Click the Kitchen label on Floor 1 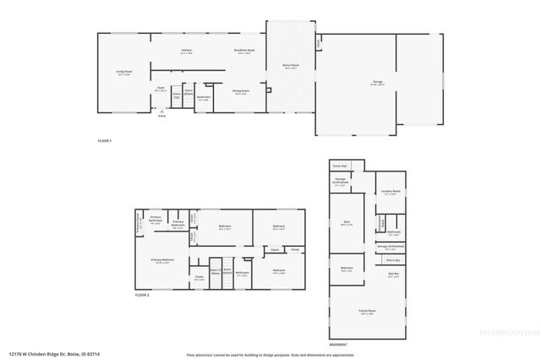click(186, 51)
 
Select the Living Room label click(124, 72)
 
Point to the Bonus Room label click(290, 67)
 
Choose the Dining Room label click(241, 90)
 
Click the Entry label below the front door click(161, 116)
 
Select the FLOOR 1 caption click(105, 139)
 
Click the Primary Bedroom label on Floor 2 click(162, 260)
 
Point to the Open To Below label click(216, 272)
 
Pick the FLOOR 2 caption click(142, 295)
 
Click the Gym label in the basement click(346, 223)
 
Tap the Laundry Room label click(390, 193)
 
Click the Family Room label click(366, 312)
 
